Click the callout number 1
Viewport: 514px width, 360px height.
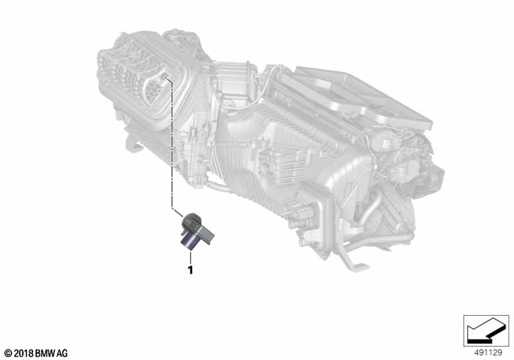click(x=190, y=270)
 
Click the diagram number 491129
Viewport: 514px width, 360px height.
click(x=488, y=352)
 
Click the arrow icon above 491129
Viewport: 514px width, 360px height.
click(x=486, y=330)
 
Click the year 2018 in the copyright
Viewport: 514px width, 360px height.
click(x=24, y=354)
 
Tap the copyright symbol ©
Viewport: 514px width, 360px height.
click(x=8, y=354)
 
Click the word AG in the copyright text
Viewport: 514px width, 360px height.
click(x=62, y=354)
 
